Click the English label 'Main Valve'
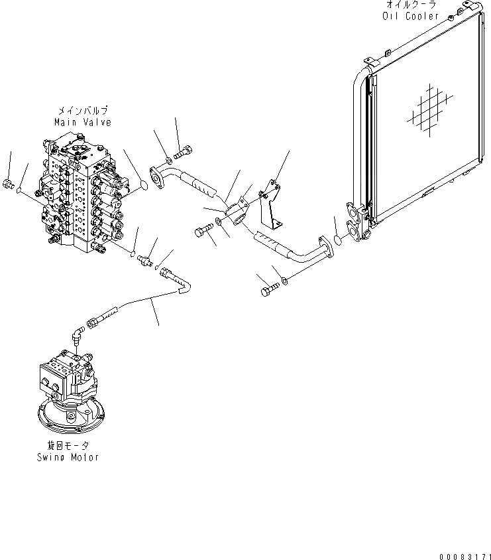pos(83,123)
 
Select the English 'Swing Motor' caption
pos(68,458)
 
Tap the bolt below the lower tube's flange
pos(268,289)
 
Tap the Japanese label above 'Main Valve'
pos(83,111)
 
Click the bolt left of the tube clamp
pos(202,232)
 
